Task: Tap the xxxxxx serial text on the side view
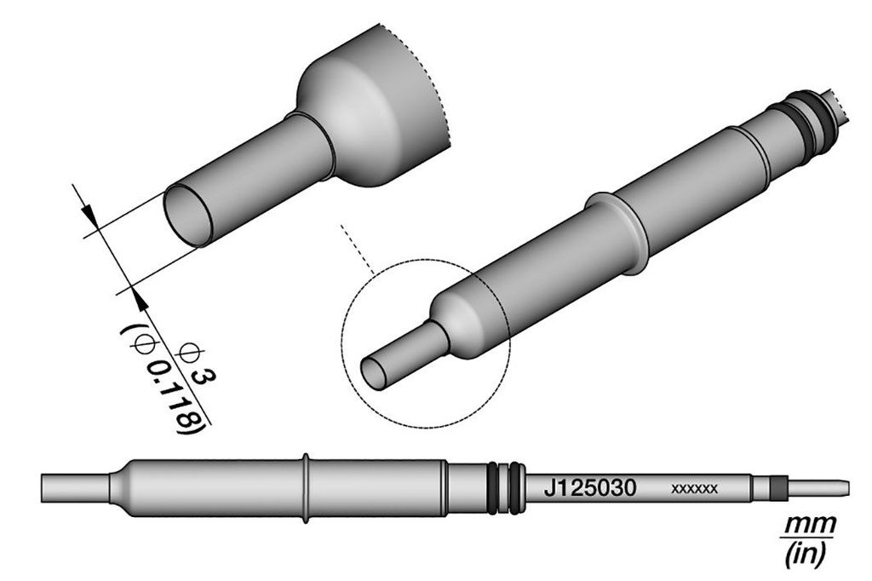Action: [x=695, y=489]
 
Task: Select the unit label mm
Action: [x=808, y=522]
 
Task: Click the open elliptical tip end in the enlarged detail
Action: [x=188, y=216]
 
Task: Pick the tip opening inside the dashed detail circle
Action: [x=374, y=371]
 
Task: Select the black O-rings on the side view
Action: [x=507, y=489]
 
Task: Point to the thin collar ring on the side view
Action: [x=306, y=488]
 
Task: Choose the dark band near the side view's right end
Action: [x=776, y=488]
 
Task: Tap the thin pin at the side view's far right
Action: [x=822, y=488]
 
